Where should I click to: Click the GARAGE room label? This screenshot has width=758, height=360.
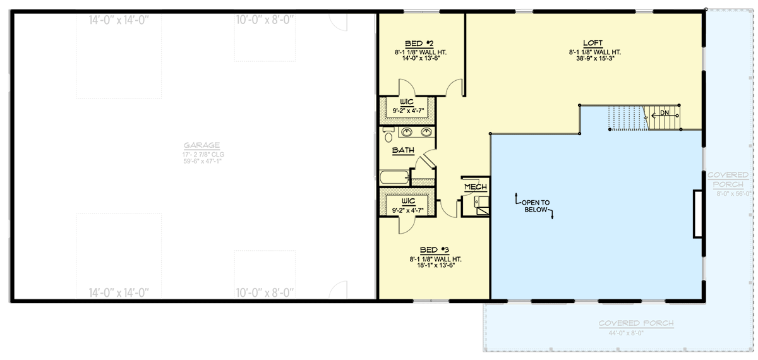[195, 145]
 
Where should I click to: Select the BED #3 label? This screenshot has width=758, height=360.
[435, 250]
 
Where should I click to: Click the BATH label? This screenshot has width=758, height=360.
[403, 150]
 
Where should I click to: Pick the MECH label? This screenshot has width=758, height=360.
[476, 188]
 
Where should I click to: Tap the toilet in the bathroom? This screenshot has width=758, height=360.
[388, 135]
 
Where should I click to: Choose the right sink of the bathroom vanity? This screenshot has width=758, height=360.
[427, 133]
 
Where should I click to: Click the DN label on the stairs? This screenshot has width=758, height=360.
[665, 113]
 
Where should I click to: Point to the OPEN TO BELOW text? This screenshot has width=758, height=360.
[534, 207]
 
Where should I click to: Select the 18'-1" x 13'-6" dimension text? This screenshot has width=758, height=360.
[435, 266]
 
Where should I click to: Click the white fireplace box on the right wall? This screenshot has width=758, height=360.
[698, 213]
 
